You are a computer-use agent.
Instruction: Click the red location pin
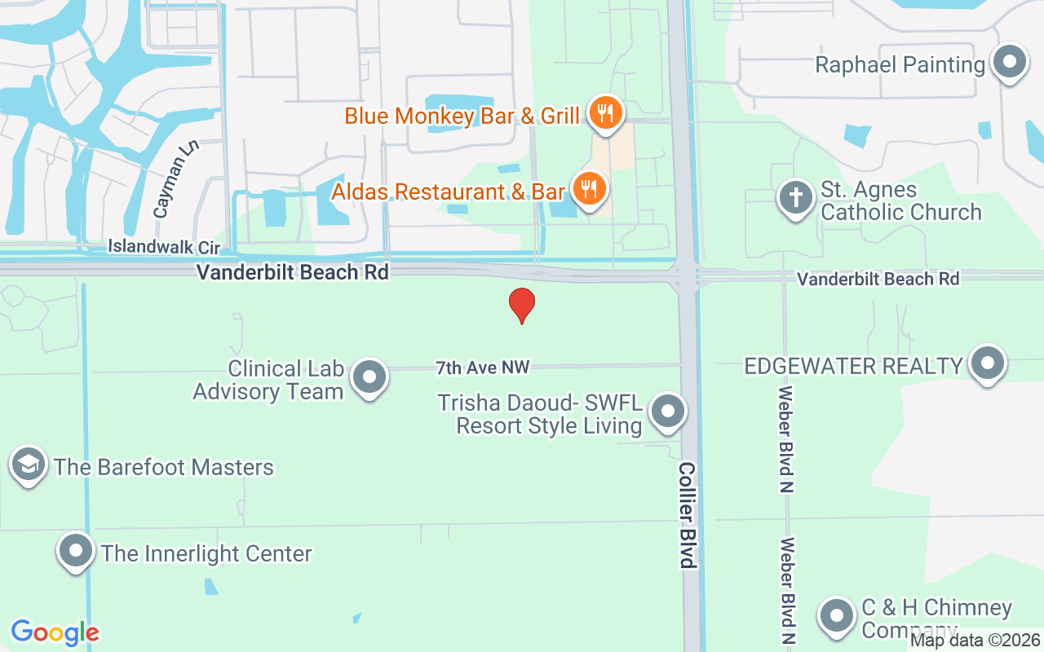tap(522, 306)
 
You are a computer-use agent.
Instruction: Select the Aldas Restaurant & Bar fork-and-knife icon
tap(587, 189)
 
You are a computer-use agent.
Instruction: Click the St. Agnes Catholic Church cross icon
tap(795, 198)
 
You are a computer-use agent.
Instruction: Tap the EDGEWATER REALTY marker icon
tap(988, 363)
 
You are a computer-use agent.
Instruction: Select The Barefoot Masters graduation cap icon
tap(29, 465)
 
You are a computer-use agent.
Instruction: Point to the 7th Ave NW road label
tap(483, 368)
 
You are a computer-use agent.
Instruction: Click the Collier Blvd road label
tap(688, 515)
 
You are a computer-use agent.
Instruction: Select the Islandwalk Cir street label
tap(165, 246)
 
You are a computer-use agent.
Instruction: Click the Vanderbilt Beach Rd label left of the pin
tap(292, 272)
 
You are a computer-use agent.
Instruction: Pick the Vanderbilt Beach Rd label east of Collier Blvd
tap(878, 279)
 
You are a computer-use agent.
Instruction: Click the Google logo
tap(55, 632)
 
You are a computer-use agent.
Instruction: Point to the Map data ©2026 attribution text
tap(975, 641)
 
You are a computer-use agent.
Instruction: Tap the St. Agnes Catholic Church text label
tap(900, 200)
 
